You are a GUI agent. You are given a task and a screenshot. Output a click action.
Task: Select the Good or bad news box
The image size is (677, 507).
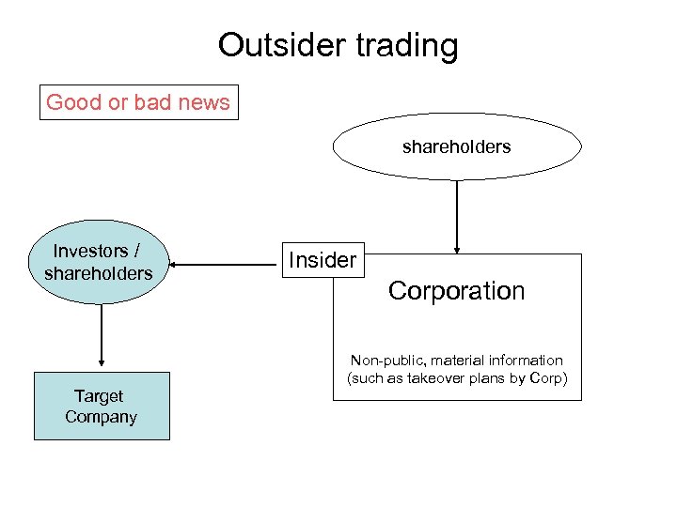139,102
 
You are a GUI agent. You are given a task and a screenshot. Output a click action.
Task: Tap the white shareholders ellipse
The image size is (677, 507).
457,146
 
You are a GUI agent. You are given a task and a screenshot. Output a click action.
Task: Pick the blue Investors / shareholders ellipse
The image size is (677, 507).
98,262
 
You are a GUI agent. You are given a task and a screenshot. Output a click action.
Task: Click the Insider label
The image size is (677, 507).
323,260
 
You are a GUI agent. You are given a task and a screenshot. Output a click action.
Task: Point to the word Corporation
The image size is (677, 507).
456,291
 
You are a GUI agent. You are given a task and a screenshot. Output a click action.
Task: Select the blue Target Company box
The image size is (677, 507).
102,407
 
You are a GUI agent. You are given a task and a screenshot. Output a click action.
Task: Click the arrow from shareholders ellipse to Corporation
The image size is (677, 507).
457,217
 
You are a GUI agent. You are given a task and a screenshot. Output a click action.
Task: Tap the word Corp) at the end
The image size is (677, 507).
549,378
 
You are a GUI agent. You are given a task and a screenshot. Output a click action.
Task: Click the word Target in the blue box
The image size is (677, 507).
99,396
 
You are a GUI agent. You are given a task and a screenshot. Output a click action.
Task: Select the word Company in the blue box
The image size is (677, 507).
101,417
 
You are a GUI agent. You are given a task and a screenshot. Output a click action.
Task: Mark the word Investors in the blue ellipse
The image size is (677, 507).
90,251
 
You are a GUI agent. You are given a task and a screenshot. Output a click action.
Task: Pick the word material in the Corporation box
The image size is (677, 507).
462,361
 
